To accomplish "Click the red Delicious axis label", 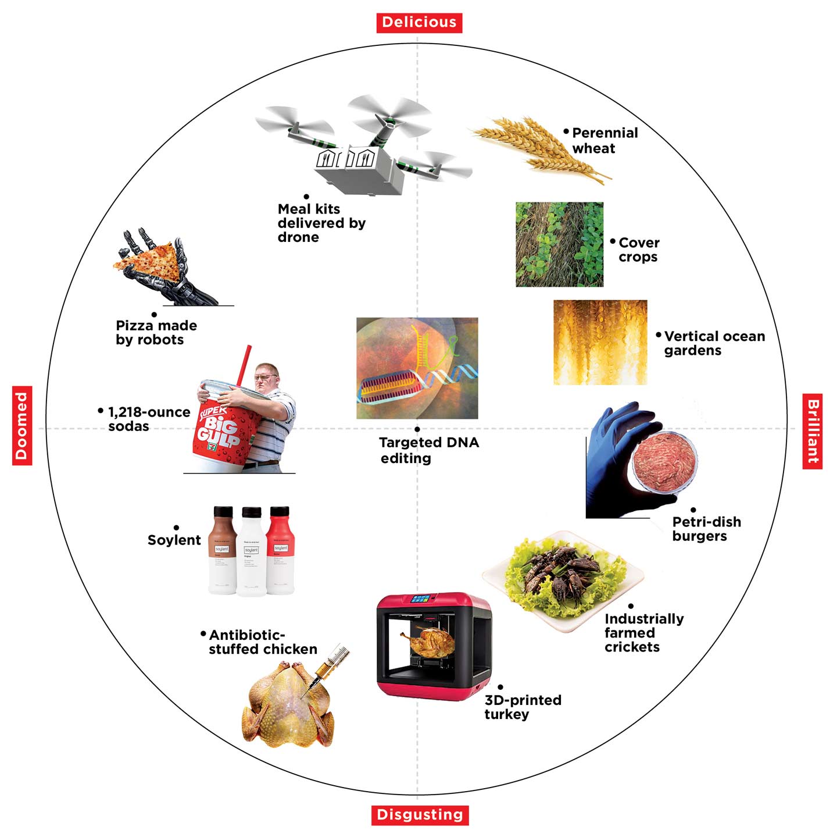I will click(419, 22).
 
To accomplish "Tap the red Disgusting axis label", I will click(420, 814).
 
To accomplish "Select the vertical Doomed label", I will click(22, 425).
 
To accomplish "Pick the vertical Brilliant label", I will click(813, 430).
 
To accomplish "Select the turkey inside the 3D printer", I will click(427, 641).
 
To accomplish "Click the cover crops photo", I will click(559, 244).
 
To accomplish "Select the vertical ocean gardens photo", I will click(600, 342).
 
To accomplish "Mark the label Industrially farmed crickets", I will click(643, 633).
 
